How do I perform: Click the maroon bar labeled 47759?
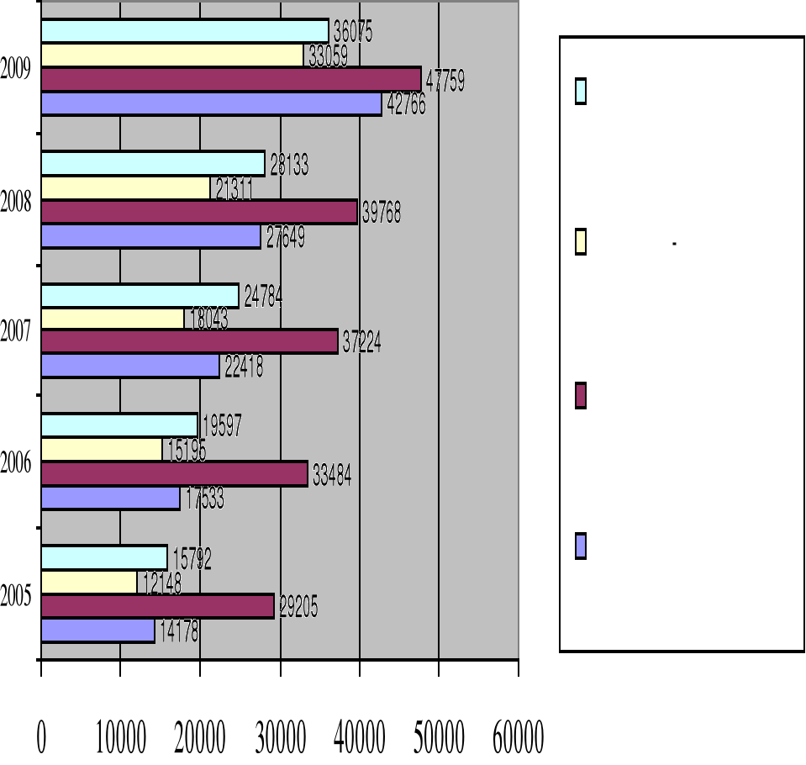click(230, 79)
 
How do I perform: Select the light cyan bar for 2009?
click(184, 31)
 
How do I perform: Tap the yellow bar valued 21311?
click(125, 188)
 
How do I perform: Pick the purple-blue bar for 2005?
click(97, 630)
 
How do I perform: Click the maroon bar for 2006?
click(174, 475)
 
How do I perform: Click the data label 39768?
click(382, 214)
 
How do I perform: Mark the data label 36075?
click(352, 33)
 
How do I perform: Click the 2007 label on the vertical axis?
click(17, 333)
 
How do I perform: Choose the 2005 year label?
click(17, 598)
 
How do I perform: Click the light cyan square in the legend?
click(581, 92)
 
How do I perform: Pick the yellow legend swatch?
click(581, 243)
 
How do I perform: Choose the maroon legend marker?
click(581, 396)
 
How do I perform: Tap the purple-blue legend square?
click(581, 546)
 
